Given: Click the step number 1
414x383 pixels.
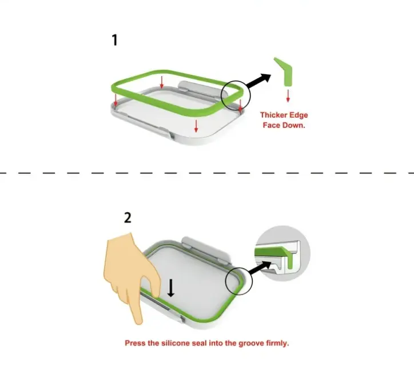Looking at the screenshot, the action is pyautogui.click(x=114, y=41).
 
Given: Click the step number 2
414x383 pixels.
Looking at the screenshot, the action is pyautogui.click(x=128, y=218).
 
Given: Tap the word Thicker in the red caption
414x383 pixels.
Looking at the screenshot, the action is pyautogui.click(x=273, y=115).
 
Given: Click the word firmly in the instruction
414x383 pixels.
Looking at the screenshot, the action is pyautogui.click(x=277, y=344).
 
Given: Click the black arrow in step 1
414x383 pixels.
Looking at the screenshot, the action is pyautogui.click(x=258, y=79).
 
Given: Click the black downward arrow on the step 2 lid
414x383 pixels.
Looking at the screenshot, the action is pyautogui.click(x=171, y=288).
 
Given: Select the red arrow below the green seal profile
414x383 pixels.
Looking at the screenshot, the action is pyautogui.click(x=288, y=96).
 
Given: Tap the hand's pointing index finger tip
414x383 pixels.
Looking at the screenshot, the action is pyautogui.click(x=138, y=322).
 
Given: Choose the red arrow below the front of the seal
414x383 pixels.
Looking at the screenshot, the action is pyautogui.click(x=196, y=126).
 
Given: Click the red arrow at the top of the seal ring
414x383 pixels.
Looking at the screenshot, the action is pyautogui.click(x=162, y=82).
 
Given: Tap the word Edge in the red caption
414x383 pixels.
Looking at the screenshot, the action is pyautogui.click(x=298, y=115).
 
